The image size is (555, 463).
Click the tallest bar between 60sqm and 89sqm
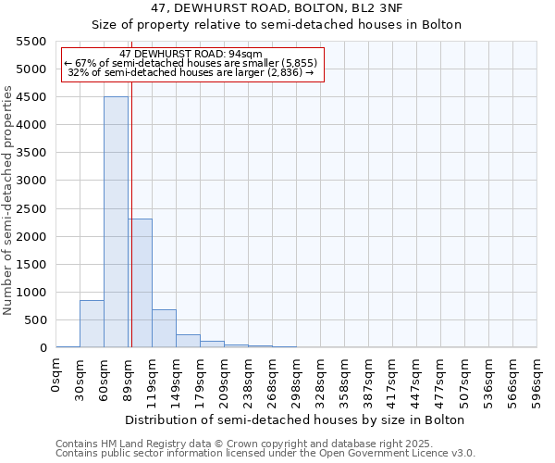(x=116, y=222)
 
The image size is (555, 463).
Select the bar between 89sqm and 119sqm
(x=141, y=283)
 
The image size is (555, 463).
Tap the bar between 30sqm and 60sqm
(x=92, y=324)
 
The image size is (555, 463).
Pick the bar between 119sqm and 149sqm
(x=164, y=329)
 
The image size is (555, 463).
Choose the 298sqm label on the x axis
(x=297, y=378)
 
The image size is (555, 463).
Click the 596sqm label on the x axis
(x=537, y=378)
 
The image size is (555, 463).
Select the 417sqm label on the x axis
(x=393, y=378)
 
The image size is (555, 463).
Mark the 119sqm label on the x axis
(x=153, y=378)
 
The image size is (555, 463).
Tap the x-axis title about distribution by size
(x=296, y=419)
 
